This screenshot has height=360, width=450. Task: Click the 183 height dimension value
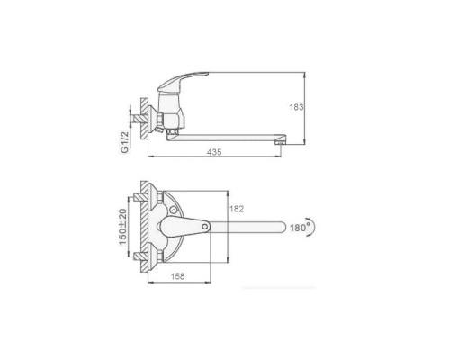click(x=296, y=107)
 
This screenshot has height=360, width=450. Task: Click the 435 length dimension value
click(x=214, y=152)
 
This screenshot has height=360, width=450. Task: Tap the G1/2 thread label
click(x=125, y=142)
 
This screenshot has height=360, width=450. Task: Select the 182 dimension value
click(x=237, y=209)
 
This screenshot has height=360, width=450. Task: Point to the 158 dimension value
click(x=177, y=276)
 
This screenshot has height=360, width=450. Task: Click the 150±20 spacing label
click(x=123, y=226)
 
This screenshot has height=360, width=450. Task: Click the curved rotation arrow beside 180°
click(x=312, y=227)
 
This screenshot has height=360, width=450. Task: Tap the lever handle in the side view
click(x=183, y=80)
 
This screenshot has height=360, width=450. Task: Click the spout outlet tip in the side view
click(x=280, y=143)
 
